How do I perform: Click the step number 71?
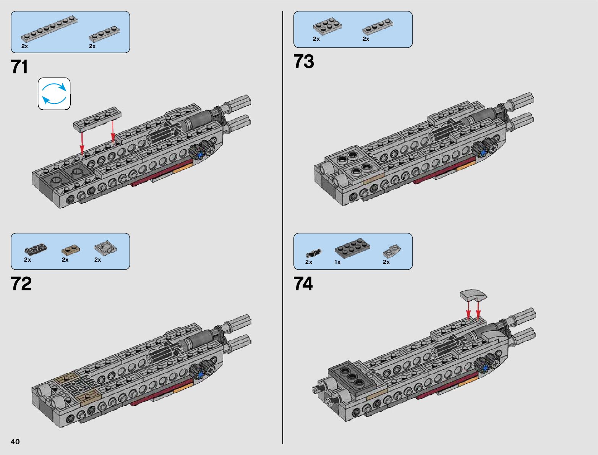[x=20, y=67]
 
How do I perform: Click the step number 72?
[x=21, y=284]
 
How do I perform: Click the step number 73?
[x=304, y=62]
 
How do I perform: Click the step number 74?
[x=303, y=284]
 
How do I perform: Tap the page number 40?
[x=15, y=442]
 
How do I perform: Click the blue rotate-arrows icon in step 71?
[x=54, y=94]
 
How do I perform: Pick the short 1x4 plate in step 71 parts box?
[x=104, y=34]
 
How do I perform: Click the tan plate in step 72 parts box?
[x=71, y=249]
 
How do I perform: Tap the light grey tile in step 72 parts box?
[x=105, y=248]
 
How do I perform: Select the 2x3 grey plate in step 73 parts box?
[x=327, y=26]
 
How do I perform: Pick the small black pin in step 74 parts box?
[x=313, y=253]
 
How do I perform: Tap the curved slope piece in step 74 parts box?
[x=392, y=251]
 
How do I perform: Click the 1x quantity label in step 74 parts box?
[x=337, y=262]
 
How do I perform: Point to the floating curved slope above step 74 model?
[x=473, y=295]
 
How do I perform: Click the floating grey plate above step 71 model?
[x=97, y=118]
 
